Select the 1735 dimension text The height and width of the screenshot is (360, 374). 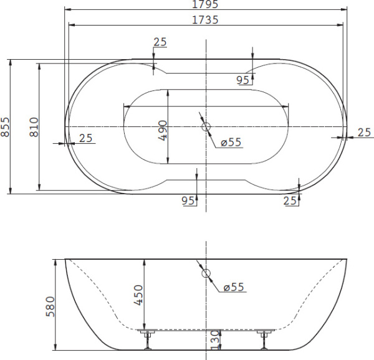pos(205,20)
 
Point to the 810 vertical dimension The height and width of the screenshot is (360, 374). pos(34,126)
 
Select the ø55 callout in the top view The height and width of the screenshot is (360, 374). pos(230,143)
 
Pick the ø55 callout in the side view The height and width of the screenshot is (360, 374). pos(233,287)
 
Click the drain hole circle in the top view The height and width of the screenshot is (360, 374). pos(206,127)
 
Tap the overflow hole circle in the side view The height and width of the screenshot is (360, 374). pos(206,273)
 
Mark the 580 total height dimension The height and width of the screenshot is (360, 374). pos(52,307)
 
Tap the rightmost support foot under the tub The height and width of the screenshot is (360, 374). pos(264,340)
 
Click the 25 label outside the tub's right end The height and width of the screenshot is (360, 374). pos(365,132)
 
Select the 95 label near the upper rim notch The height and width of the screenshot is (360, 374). pos(244,80)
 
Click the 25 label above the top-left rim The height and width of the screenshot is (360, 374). pos(160,42)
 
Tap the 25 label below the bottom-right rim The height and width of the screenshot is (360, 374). pos(290,200)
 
